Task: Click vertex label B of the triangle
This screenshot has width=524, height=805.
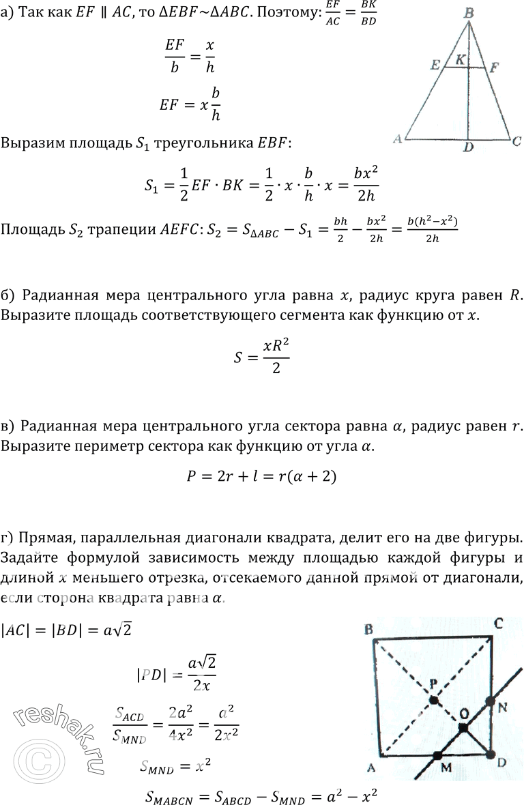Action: (x=469, y=12)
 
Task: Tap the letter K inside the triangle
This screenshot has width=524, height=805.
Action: (x=461, y=60)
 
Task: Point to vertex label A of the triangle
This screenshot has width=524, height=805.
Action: (x=397, y=139)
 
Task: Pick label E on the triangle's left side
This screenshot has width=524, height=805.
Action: (x=435, y=65)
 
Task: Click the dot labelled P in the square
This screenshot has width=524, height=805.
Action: (x=433, y=699)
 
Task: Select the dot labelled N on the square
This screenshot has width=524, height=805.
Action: (x=491, y=701)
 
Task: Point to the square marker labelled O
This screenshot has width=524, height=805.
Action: (x=463, y=728)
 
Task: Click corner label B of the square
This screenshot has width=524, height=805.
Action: (x=368, y=628)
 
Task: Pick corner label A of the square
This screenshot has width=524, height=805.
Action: (x=371, y=769)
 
